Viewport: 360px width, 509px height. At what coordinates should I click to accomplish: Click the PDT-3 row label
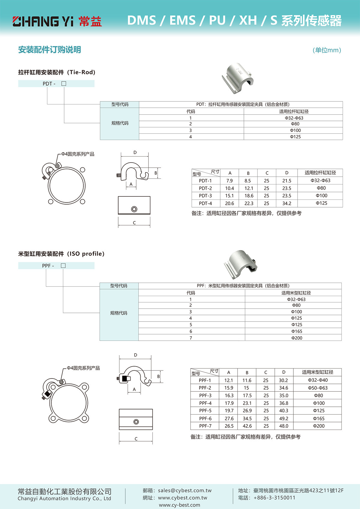click(205, 196)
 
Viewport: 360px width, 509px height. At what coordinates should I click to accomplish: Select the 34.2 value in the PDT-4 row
click(286, 203)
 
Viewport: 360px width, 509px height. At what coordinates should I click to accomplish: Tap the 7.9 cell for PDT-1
click(229, 181)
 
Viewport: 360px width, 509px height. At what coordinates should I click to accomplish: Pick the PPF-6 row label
click(205, 418)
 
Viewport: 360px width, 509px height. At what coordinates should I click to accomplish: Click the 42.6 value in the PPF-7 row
click(247, 426)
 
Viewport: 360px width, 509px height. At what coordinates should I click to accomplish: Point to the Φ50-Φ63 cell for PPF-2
click(318, 388)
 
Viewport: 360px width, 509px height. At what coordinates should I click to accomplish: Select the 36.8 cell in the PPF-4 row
click(283, 403)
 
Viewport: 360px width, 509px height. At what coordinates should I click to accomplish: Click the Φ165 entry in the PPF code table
click(297, 331)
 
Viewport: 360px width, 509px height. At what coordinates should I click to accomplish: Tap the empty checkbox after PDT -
click(64, 84)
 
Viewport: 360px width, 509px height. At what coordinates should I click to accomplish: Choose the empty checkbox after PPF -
click(63, 265)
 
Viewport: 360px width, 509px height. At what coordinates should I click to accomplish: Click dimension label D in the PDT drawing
click(135, 153)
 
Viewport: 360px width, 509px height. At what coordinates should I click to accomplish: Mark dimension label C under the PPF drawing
click(136, 439)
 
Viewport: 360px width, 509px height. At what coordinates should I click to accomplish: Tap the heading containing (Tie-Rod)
click(57, 72)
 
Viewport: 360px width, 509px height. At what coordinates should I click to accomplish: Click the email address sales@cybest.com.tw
click(184, 490)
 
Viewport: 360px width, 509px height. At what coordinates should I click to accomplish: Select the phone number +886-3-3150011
click(274, 498)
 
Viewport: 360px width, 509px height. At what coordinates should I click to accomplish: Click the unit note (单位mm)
click(327, 50)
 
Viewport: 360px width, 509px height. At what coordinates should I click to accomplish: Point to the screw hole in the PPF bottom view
click(136, 422)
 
